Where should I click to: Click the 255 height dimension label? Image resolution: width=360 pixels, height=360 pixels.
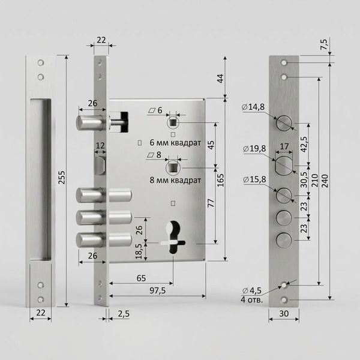pyautogui.click(x=62, y=177)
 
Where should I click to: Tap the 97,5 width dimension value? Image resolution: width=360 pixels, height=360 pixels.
pyautogui.click(x=157, y=290)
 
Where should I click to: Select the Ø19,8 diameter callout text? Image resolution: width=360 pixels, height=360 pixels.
pyautogui.click(x=254, y=149)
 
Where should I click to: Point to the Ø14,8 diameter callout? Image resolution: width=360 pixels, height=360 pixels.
pyautogui.click(x=253, y=107)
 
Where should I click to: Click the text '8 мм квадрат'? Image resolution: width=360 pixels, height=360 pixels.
pyautogui.click(x=175, y=180)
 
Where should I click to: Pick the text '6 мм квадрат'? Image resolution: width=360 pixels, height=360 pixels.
pyautogui.click(x=175, y=143)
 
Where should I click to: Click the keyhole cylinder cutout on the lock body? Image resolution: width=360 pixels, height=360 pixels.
pyautogui.click(x=173, y=237)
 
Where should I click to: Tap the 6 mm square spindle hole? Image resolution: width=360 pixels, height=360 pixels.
pyautogui.click(x=173, y=122)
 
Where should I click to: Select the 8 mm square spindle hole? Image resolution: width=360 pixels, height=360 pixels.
pyautogui.click(x=173, y=167)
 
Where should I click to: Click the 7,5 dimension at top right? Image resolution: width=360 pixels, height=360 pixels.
pyautogui.click(x=323, y=44)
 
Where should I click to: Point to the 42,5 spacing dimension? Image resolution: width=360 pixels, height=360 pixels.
pyautogui.click(x=304, y=145)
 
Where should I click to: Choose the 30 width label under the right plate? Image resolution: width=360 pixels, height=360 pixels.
pyautogui.click(x=284, y=313)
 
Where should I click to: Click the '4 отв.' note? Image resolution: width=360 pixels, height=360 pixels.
pyautogui.click(x=252, y=299)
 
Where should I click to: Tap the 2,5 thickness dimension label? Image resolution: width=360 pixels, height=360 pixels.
pyautogui.click(x=124, y=314)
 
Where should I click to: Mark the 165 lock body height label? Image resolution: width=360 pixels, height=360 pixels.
pyautogui.click(x=220, y=180)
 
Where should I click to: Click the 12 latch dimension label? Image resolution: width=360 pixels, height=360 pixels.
pyautogui.click(x=100, y=146)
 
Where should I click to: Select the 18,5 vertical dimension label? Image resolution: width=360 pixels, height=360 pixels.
pyautogui.click(x=139, y=251)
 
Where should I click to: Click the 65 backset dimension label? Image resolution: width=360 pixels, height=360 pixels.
pyautogui.click(x=141, y=278)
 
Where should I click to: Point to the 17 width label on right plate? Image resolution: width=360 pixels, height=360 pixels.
pyautogui.click(x=284, y=146)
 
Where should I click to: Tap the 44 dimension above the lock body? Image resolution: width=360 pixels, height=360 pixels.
pyautogui.click(x=220, y=79)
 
